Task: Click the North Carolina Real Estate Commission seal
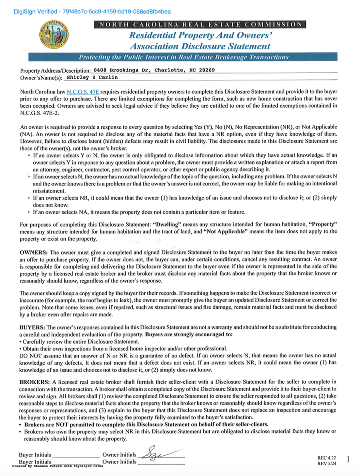pos(54,35)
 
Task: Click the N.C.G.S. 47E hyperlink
pos(83,92)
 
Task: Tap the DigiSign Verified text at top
pos(92,12)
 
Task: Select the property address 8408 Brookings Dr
pos(154,70)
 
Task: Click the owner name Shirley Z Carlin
pos(92,77)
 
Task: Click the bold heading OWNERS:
pos(33,252)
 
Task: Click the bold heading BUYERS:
pos(32,327)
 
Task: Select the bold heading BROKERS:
pos(34,382)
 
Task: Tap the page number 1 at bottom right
pos(348,460)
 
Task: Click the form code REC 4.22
pos(326,458)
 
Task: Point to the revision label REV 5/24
pos(326,464)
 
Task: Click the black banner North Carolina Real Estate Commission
pos(200,25)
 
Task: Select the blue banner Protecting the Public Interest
pos(183,57)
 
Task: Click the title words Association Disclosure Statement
pos(200,46)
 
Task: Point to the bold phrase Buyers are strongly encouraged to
pos(189,334)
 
